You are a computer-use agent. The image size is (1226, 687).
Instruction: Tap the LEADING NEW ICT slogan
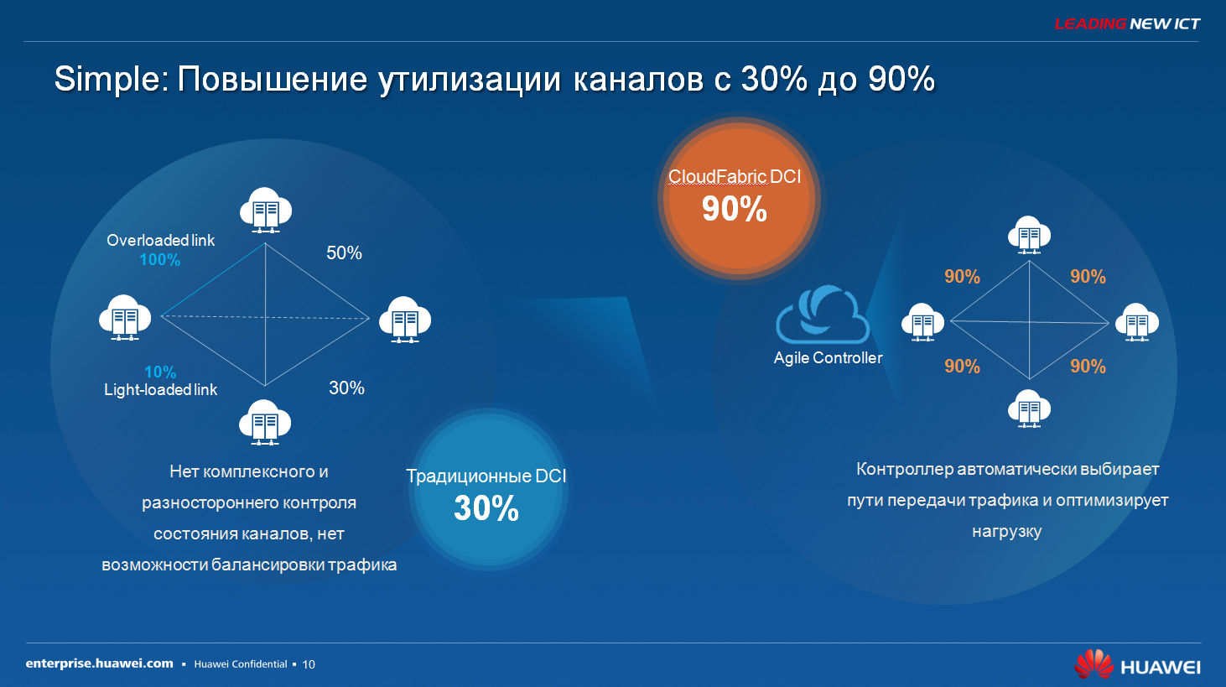[x=1127, y=24]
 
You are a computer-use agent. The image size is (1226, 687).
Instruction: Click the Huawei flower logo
[x=1094, y=664]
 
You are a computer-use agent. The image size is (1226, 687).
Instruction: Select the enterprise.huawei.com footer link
[x=99, y=664]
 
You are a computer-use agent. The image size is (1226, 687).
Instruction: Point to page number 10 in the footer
[x=309, y=664]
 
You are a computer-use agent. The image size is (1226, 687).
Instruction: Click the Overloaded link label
[x=160, y=240]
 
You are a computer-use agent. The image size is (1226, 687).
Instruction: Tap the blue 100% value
[x=160, y=260]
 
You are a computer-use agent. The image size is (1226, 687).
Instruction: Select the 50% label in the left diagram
[x=345, y=252]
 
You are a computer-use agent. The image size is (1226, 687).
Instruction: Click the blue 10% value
[x=160, y=372]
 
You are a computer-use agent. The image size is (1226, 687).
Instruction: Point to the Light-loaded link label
[x=160, y=390]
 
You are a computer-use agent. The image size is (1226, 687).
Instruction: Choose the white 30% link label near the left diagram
[x=346, y=388]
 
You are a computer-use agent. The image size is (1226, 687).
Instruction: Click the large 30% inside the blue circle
[x=486, y=508]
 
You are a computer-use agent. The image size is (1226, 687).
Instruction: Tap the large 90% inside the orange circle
[x=735, y=209]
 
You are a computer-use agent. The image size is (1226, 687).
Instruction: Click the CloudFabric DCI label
[x=735, y=177]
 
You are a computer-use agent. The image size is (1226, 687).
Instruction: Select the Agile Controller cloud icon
[x=823, y=315]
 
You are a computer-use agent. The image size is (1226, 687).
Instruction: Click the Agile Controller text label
[x=829, y=358]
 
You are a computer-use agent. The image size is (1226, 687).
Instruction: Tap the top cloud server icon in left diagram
[x=266, y=211]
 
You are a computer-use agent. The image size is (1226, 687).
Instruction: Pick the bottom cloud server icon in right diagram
[x=1029, y=409]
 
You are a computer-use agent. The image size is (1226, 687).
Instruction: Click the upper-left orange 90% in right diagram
[x=962, y=277]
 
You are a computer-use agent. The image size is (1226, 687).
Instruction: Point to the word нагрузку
[x=1007, y=532]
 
